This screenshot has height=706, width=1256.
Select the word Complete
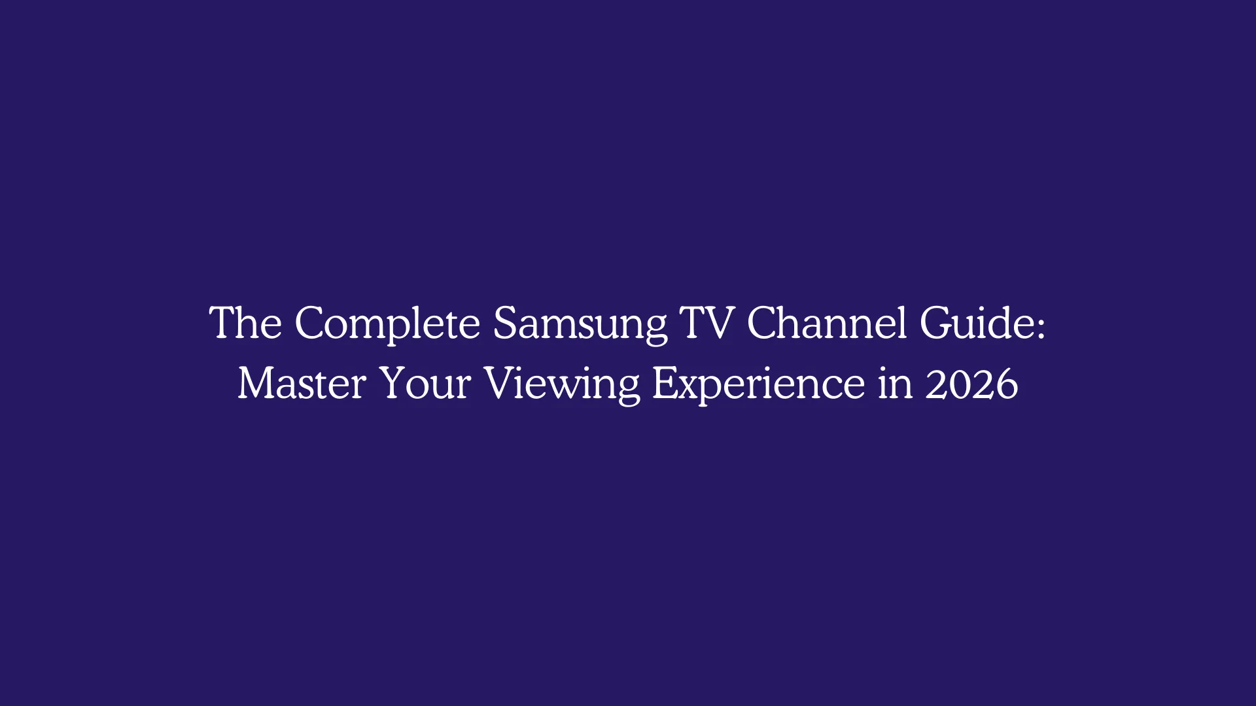pos(387,324)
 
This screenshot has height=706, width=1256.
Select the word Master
pos(302,383)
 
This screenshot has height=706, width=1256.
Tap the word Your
pos(425,383)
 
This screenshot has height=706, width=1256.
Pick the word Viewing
pos(562,384)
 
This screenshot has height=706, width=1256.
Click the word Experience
pos(758,384)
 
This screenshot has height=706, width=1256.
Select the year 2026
pos(971,384)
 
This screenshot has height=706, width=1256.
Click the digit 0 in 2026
pos(960,384)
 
